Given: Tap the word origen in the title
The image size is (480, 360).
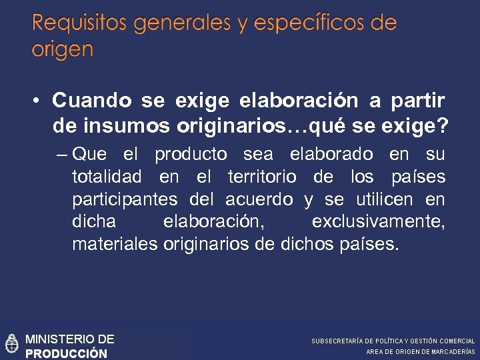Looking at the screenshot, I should (62, 50).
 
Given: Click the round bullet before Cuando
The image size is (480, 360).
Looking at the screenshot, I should (38, 101).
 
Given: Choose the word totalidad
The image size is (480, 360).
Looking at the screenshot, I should (107, 177).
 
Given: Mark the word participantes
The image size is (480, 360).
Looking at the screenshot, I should (125, 199).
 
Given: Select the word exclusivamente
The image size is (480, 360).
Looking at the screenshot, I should (378, 221).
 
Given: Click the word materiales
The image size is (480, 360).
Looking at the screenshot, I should (113, 243).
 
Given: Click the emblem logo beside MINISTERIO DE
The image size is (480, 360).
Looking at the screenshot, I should (12, 343).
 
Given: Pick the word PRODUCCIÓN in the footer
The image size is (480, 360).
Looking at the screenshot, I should (66, 353).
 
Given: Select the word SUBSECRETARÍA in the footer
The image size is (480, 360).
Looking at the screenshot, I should (336, 341).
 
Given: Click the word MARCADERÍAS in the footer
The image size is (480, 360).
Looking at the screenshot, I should (452, 352).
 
